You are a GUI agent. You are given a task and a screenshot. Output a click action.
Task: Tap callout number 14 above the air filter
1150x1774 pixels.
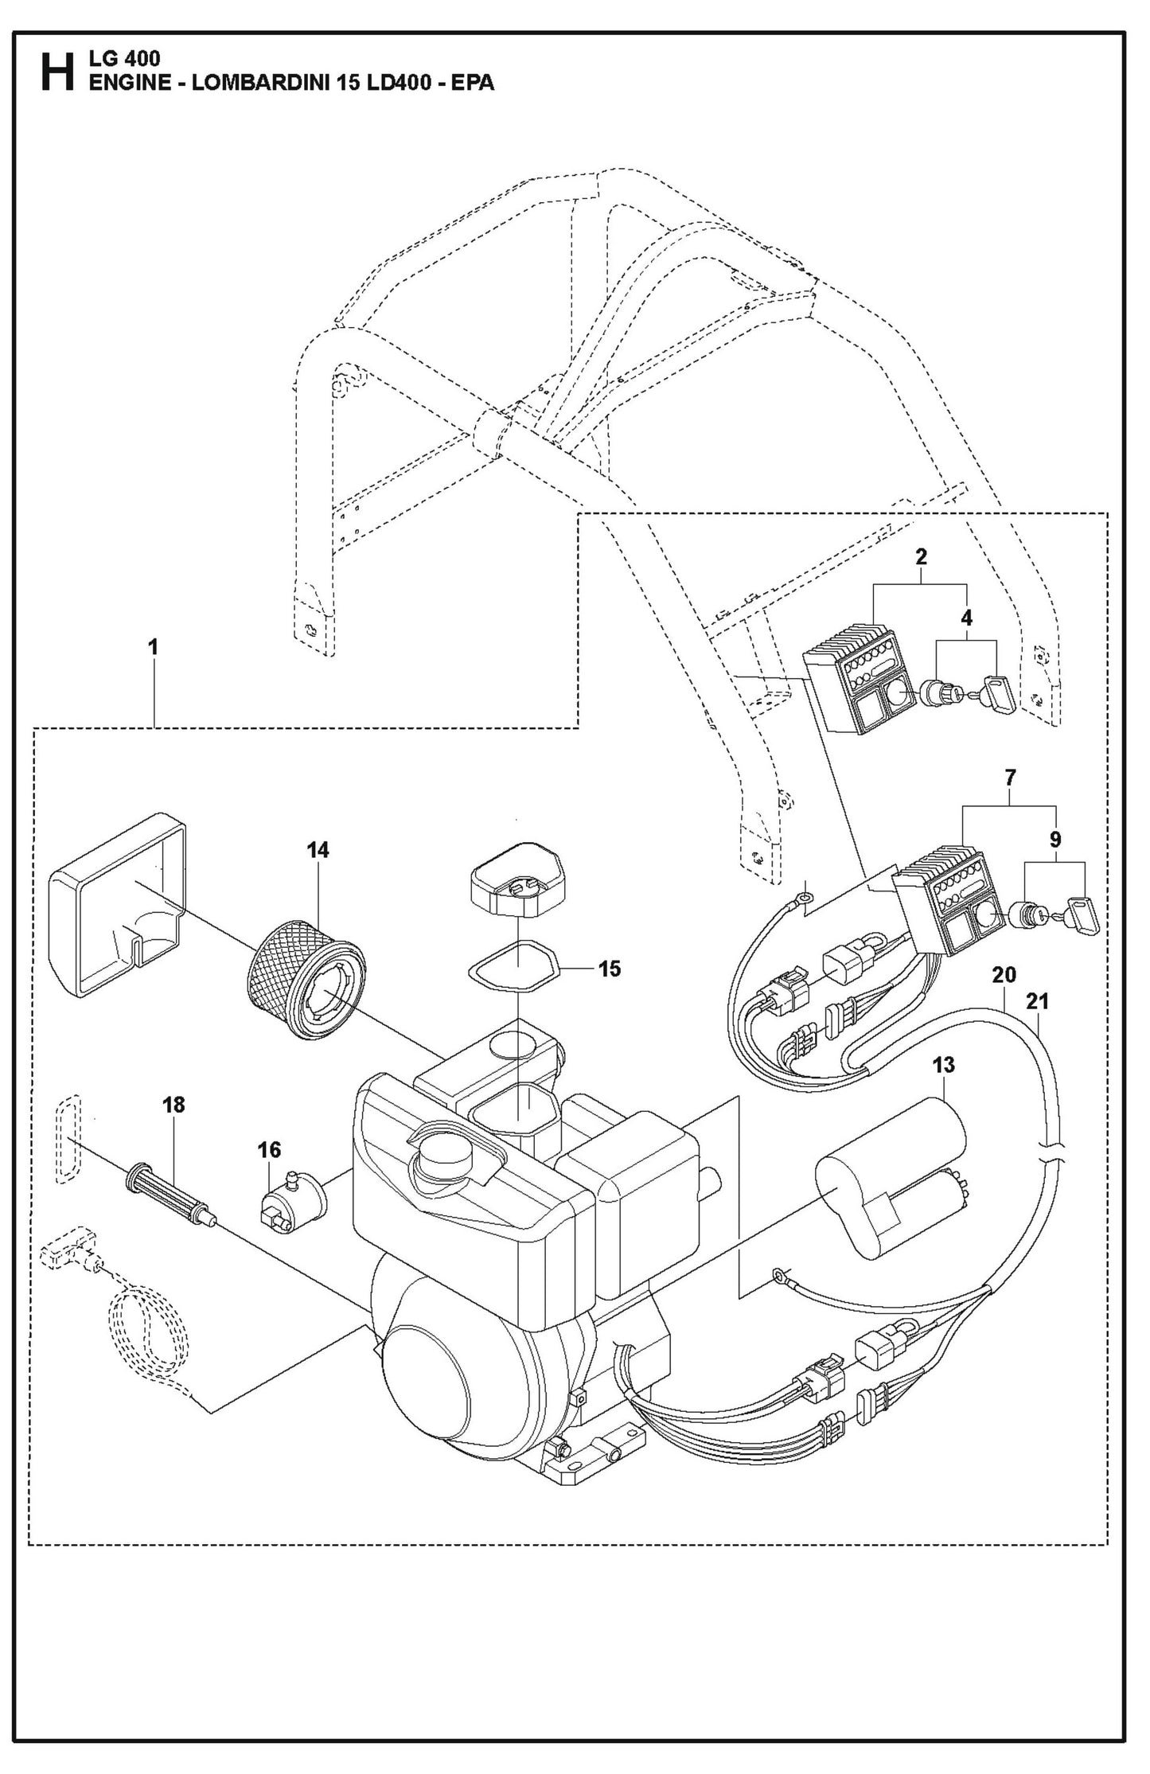[x=318, y=850]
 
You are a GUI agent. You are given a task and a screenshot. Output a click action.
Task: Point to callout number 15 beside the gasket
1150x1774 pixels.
[x=609, y=969]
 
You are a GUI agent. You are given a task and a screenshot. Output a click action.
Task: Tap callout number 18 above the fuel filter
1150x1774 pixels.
[x=173, y=1105]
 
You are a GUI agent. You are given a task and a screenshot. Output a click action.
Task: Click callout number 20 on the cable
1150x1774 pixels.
[x=1004, y=975]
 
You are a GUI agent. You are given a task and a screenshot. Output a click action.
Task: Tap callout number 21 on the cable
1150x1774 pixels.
[x=1037, y=1002]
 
